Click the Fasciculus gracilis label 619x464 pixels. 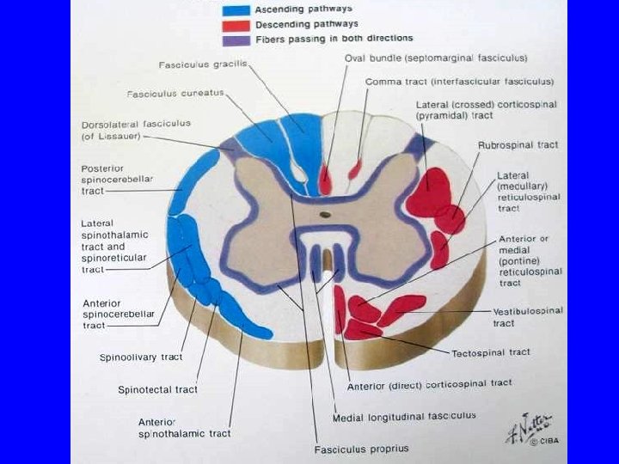[x=195, y=65]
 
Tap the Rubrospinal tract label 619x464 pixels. [x=518, y=145]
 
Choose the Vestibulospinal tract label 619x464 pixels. [x=527, y=316]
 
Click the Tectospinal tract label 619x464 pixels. [x=491, y=352]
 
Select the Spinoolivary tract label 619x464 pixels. [x=140, y=357]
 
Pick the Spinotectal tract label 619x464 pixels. [x=157, y=389]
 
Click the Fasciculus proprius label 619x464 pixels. [x=361, y=449]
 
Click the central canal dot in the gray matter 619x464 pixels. [x=325, y=214]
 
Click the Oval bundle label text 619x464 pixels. [x=436, y=58]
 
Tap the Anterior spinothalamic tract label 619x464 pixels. [x=184, y=427]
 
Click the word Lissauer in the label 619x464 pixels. [x=117, y=137]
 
